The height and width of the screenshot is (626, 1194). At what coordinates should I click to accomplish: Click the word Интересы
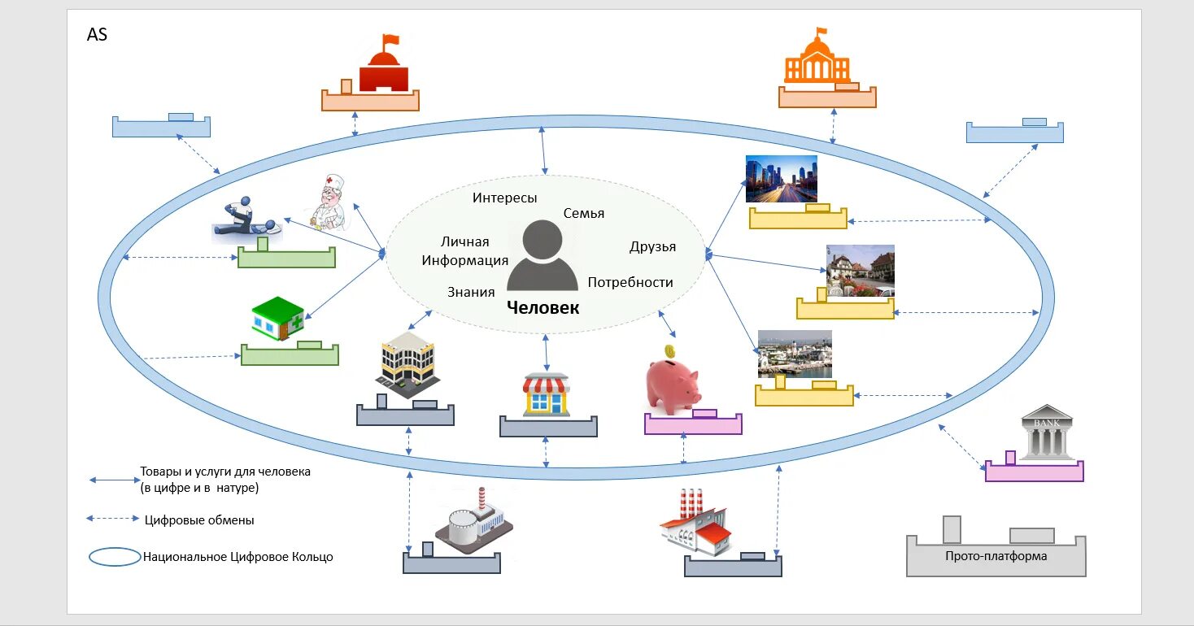504,198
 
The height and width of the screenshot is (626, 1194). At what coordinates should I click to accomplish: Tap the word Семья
583,213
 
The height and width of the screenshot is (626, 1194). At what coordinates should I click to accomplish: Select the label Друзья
652,246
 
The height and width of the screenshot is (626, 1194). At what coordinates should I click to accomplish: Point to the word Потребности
630,282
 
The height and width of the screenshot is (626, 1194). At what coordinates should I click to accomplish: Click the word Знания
471,292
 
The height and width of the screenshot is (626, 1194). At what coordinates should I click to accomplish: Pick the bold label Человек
543,308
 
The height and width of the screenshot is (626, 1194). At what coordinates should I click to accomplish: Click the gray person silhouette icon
543,255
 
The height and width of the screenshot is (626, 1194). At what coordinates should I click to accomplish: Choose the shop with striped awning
547,394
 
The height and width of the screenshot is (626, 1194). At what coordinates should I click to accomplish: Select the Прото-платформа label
996,556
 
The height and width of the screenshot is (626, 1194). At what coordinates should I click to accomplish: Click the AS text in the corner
97,35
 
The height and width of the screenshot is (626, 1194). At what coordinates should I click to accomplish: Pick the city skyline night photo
781,179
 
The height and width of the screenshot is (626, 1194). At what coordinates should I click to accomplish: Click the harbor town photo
794,354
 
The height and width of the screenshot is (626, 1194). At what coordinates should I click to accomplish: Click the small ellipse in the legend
115,557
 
